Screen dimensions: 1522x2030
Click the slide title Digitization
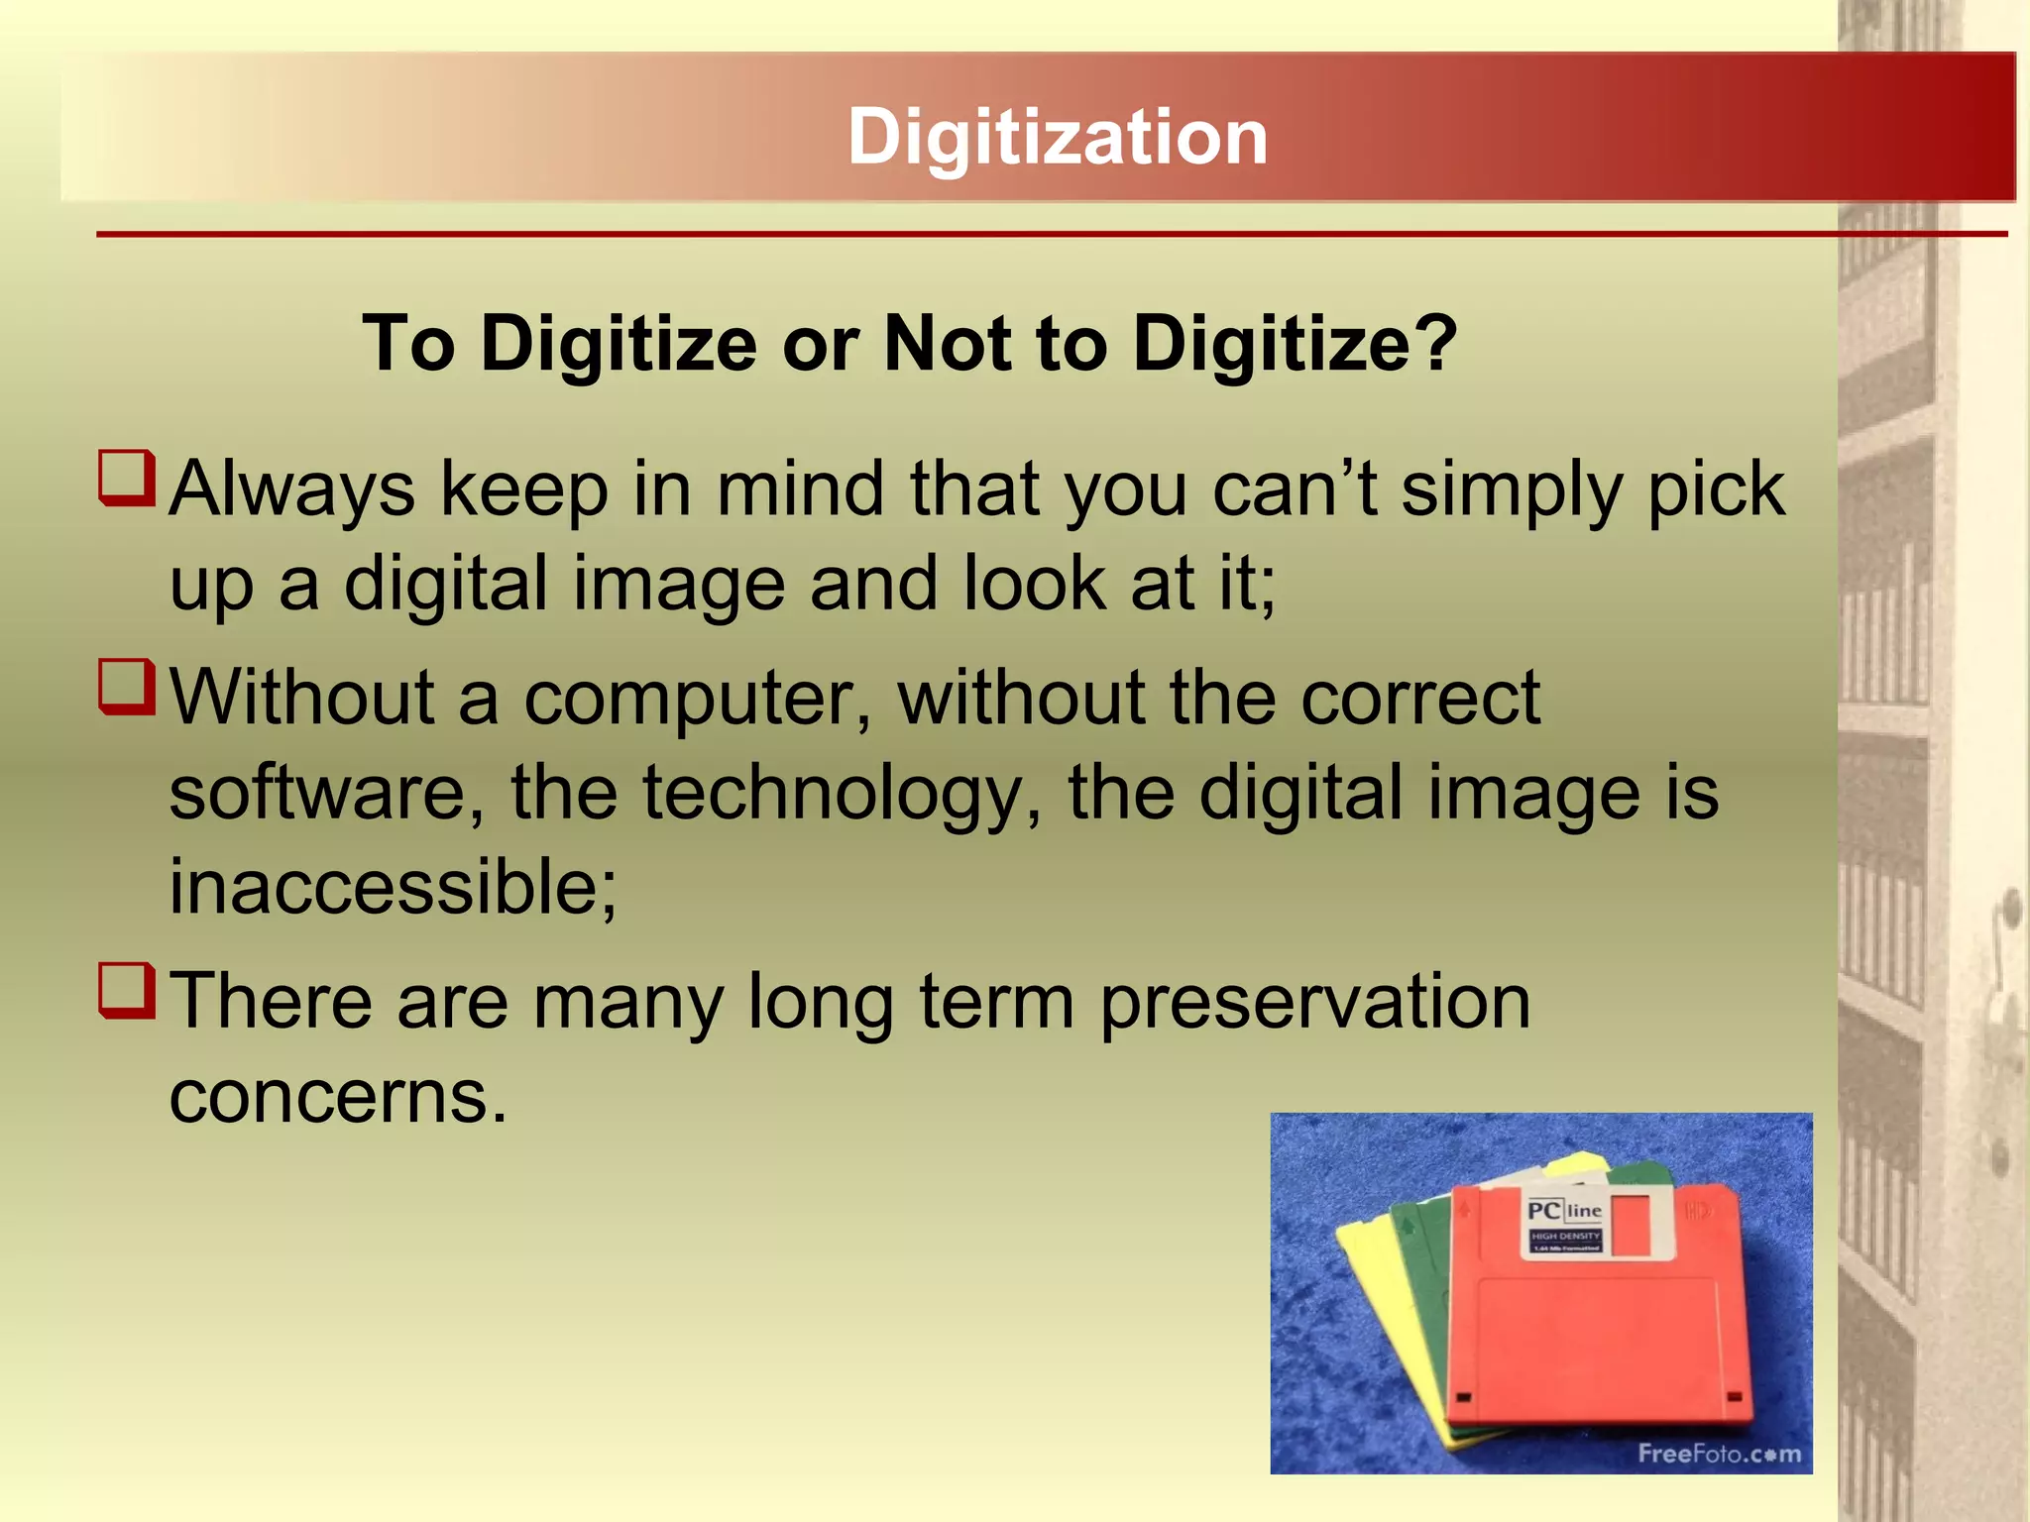(1057, 137)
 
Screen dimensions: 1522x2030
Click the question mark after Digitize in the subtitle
(1435, 343)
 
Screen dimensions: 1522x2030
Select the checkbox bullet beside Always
(127, 478)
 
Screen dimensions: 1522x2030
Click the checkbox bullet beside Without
(127, 687)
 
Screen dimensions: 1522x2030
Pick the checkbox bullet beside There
(127, 990)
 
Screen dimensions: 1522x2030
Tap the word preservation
(1315, 1002)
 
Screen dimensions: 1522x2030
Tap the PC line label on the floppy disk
(1564, 1211)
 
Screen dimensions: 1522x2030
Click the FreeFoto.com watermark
(1718, 1454)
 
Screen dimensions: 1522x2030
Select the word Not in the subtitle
(948, 343)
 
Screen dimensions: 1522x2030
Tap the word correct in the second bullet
(1420, 698)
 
